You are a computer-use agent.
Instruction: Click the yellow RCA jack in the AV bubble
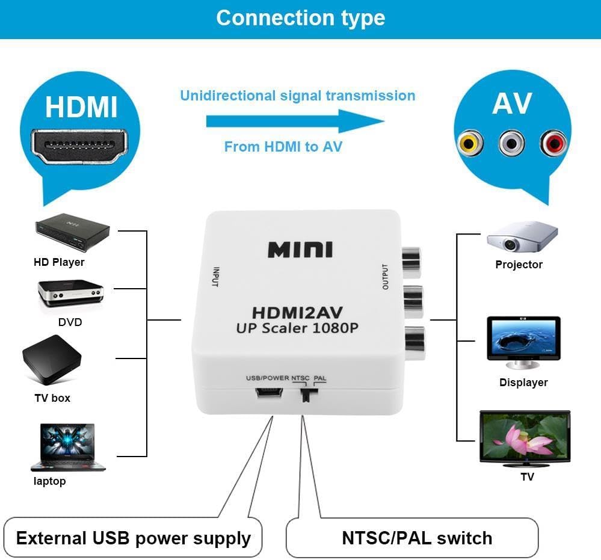click(470, 143)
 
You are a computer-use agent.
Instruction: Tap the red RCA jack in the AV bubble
click(553, 143)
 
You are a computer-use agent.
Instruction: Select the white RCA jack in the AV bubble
click(511, 143)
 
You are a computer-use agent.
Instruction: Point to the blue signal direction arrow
click(295, 122)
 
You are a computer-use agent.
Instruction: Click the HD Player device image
click(72, 235)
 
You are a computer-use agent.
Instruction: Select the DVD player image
click(70, 294)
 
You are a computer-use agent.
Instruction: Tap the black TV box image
click(52, 364)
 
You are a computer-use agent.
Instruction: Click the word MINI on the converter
click(300, 250)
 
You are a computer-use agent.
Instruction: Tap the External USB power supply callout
click(133, 538)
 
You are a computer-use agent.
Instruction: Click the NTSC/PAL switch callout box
click(412, 538)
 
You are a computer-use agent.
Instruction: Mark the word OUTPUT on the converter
click(386, 277)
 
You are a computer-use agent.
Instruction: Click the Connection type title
click(300, 18)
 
